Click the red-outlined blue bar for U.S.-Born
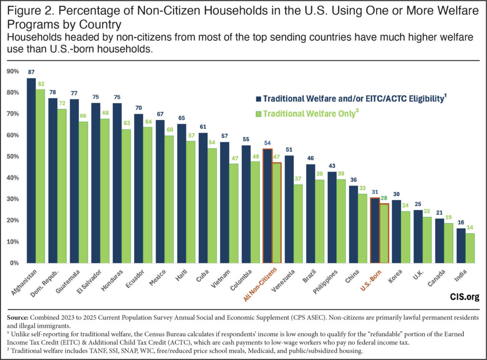(375, 231)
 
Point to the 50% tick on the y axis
(13, 156)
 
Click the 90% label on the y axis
(13, 71)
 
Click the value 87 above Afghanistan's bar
(31, 73)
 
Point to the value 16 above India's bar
(461, 223)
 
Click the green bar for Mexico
(169, 199)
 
